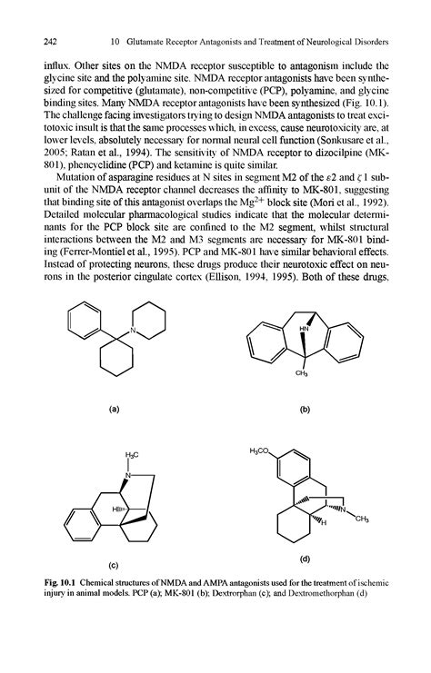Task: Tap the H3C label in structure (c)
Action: (125, 454)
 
